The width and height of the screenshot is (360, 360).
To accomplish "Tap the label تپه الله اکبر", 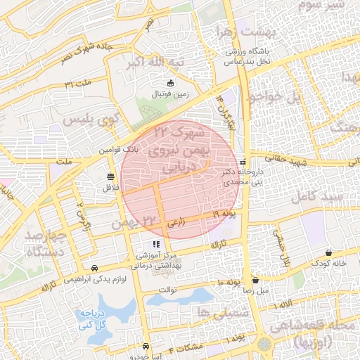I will coord(155,62).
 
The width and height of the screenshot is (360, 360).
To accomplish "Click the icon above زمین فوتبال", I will coord(169,83).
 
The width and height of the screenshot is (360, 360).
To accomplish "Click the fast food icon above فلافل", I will coord(110,176).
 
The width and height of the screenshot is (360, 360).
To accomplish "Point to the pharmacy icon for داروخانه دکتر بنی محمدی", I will coord(243,161).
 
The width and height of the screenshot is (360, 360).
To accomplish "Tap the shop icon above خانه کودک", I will coord(328,252).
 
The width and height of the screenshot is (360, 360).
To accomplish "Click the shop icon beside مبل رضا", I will coord(255,279).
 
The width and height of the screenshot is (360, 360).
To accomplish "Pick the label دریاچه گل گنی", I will coord(91,319).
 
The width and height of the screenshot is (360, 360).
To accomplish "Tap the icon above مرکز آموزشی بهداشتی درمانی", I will coord(156,244).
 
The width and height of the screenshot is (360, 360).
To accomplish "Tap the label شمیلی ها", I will coord(214,312).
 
